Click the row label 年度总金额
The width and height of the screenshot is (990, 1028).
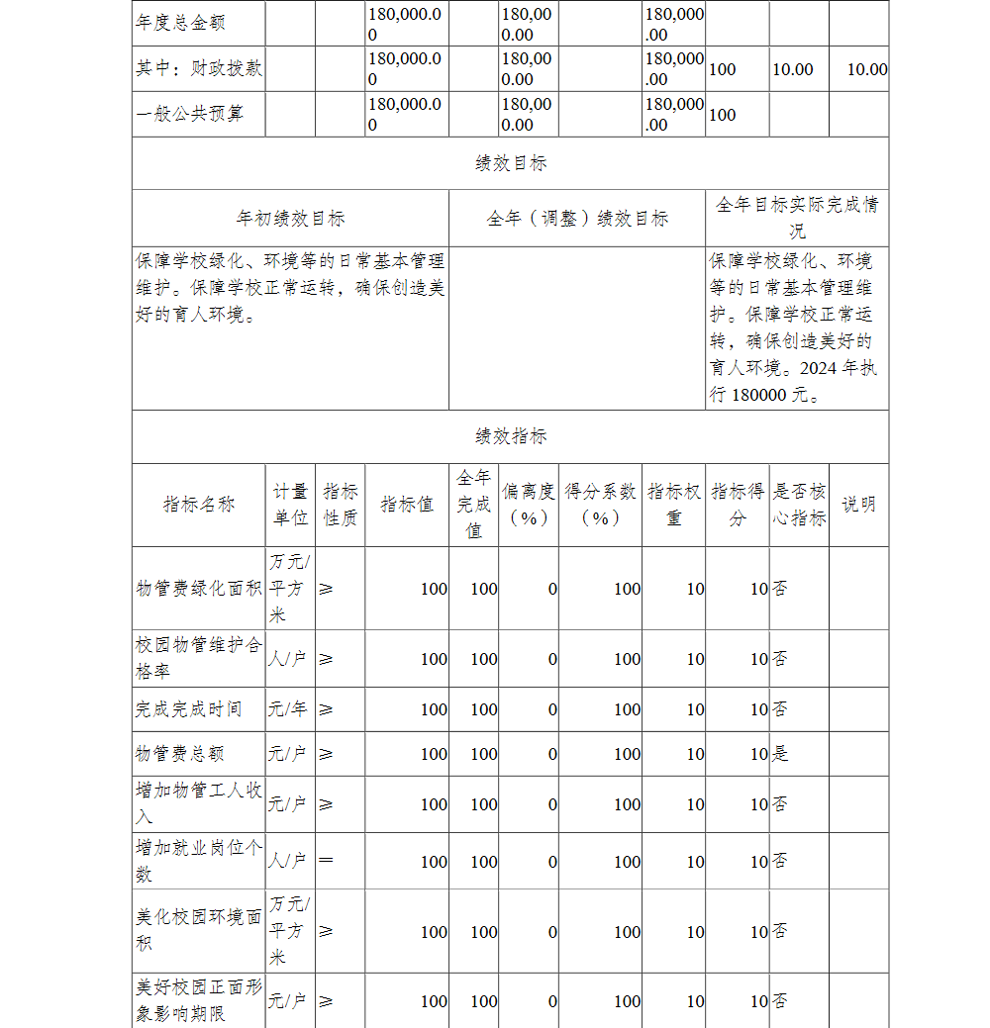point(180,23)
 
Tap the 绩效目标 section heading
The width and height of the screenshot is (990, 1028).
point(510,163)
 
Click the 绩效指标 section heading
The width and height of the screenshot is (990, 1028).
point(510,436)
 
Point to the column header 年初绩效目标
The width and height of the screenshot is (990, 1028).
point(290,219)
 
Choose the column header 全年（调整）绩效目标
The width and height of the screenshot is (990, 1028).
point(577,219)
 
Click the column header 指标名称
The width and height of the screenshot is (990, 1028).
point(199,505)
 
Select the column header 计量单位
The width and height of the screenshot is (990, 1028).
point(290,505)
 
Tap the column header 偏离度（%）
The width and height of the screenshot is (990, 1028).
point(528,505)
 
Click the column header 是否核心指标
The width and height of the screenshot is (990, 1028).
point(799,505)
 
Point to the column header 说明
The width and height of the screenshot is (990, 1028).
point(858,505)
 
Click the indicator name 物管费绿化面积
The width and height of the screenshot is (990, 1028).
point(199,589)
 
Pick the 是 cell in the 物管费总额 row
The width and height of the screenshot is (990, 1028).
point(780,754)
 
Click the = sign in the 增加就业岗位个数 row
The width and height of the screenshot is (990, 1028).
point(326,861)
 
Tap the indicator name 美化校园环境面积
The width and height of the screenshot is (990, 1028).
point(199,931)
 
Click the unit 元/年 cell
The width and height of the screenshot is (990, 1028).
point(290,709)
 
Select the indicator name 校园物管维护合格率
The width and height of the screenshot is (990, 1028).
point(199,659)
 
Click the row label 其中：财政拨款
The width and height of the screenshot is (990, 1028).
point(199,69)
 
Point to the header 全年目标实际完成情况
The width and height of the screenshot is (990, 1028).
point(797,219)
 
